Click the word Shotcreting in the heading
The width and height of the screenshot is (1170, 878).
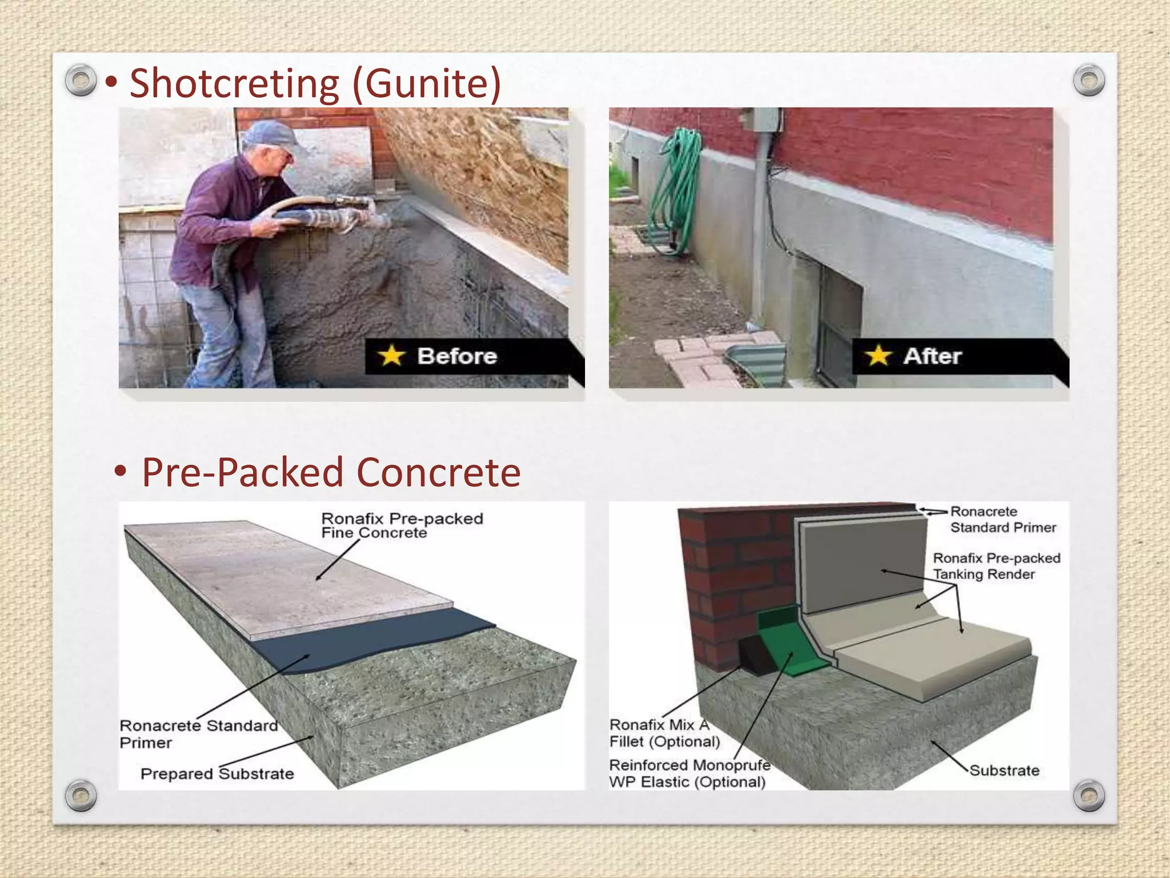234,84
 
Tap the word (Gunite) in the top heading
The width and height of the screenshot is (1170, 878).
427,84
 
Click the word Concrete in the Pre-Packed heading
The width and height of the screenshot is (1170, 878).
439,473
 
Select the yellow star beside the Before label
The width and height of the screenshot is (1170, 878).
391,356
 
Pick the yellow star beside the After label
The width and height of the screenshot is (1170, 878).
878,356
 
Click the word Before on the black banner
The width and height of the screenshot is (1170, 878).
457,356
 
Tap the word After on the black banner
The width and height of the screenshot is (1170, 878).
932,356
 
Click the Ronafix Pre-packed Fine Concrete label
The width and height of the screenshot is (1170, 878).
402,525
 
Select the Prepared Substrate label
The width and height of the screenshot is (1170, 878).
217,774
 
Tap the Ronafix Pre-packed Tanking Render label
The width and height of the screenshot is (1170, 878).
996,566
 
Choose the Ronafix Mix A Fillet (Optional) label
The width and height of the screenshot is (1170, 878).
665,733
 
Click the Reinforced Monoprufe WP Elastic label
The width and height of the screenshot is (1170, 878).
690,773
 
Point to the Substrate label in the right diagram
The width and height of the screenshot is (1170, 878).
1004,771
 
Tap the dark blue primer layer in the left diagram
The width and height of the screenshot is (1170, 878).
366,640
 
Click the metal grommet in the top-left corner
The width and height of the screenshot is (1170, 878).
81,80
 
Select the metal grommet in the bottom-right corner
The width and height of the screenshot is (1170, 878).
1089,796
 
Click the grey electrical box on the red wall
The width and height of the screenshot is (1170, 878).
764,120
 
